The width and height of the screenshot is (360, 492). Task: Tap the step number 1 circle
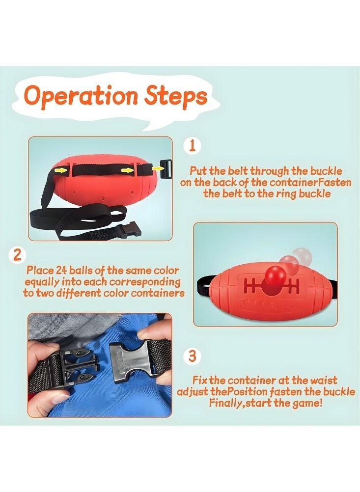click(193, 146)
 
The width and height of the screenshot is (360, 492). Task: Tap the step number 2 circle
click(18, 255)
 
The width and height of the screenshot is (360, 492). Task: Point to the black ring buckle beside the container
click(166, 169)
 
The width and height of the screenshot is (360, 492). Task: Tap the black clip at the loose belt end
click(127, 230)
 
